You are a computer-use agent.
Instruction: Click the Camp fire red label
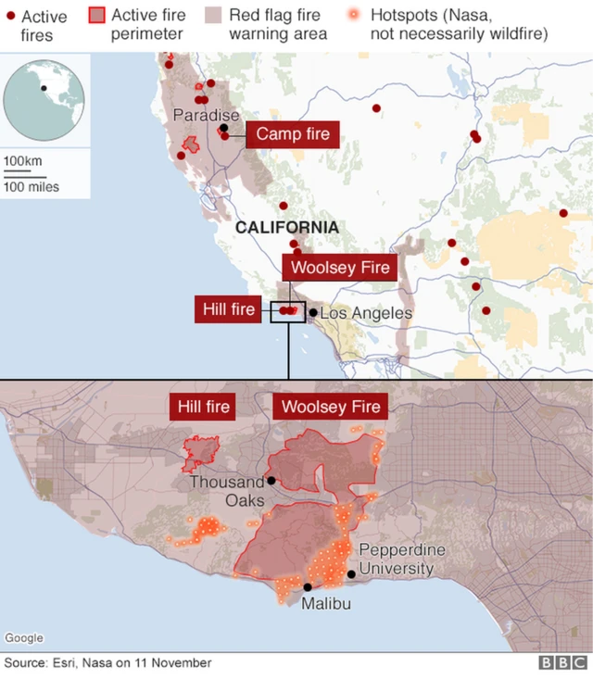point(292,134)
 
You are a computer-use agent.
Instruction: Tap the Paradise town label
point(206,115)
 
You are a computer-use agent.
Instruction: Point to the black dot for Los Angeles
point(313,313)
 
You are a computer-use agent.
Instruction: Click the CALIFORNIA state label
point(286,228)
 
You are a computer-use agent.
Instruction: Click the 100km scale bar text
point(23,161)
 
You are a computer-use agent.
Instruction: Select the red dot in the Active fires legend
point(10,16)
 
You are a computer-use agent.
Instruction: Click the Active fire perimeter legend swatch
point(95,16)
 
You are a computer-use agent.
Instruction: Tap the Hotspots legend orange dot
point(354,16)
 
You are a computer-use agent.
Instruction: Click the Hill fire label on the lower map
point(204,407)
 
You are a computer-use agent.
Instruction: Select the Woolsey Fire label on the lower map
point(331,407)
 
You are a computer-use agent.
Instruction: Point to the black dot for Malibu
point(308,586)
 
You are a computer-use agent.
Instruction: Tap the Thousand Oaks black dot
point(271,480)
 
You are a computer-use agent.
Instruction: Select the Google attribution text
point(24,638)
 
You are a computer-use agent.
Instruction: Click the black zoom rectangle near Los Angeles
point(287,311)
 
